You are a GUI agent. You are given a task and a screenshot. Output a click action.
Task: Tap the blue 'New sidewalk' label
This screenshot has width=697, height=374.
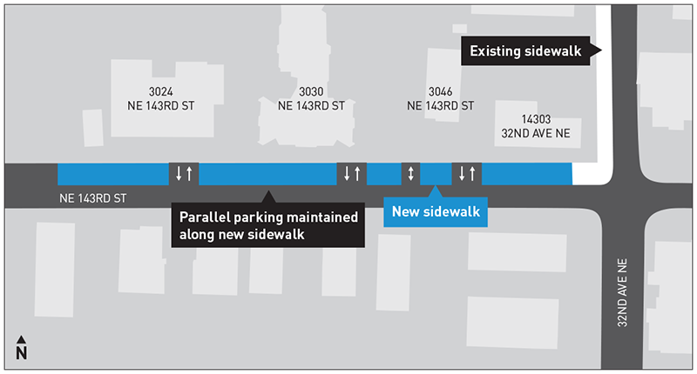435,211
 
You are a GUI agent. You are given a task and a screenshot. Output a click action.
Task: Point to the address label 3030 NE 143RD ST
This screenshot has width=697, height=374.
311,99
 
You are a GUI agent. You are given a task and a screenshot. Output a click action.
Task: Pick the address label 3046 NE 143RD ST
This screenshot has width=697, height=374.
440,99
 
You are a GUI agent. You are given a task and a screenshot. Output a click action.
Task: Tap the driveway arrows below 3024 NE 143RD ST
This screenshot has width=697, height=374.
184,173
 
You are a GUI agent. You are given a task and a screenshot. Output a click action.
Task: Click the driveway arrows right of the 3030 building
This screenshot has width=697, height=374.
351,173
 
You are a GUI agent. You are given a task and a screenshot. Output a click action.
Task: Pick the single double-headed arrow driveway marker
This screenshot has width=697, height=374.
409,173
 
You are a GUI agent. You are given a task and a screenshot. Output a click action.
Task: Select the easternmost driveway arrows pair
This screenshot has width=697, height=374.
466,173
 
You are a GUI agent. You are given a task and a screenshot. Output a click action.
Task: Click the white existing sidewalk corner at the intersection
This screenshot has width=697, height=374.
591,172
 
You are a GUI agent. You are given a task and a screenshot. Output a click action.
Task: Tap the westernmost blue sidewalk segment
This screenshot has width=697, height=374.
112,173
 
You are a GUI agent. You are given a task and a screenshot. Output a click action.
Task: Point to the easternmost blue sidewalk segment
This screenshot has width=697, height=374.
526,173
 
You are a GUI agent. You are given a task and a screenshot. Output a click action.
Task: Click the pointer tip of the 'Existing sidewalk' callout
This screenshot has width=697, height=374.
600,52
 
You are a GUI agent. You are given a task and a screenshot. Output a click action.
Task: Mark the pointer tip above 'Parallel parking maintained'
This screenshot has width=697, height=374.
268,194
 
